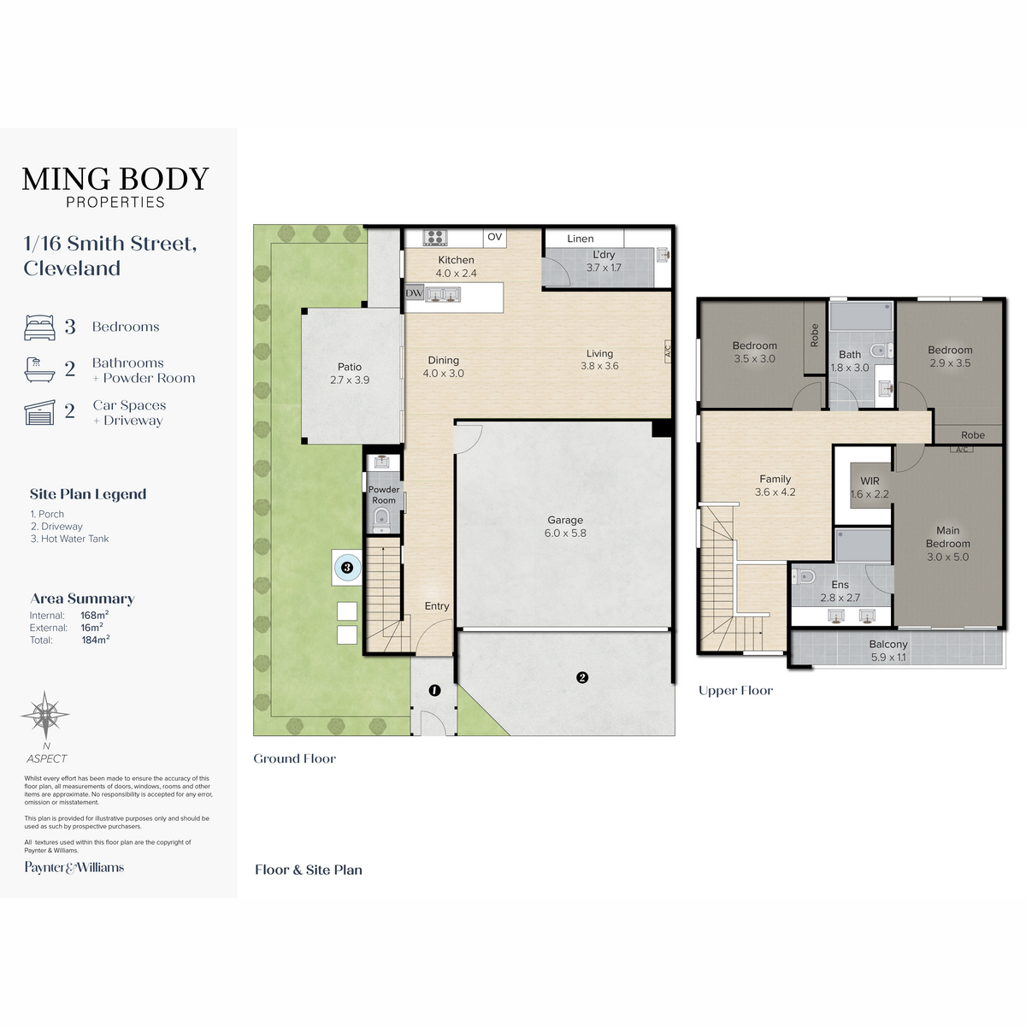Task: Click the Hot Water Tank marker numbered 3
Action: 347,568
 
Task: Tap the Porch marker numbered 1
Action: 434,691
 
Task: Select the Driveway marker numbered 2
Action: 582,677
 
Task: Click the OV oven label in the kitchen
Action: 495,237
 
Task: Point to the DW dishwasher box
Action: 414,293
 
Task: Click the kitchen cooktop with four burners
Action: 435,238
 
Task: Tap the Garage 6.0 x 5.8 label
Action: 565,526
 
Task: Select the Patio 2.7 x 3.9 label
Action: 350,374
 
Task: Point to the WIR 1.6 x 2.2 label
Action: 870,487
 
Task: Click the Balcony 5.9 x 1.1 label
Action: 888,650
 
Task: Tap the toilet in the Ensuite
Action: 804,576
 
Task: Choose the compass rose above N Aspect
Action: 45,715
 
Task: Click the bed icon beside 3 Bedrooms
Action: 39,327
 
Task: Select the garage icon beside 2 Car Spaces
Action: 39,413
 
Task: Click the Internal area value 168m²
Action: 95,615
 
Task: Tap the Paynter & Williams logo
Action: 74,867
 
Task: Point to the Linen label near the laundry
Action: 580,239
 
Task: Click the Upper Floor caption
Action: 735,691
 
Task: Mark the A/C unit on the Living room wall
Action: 668,351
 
